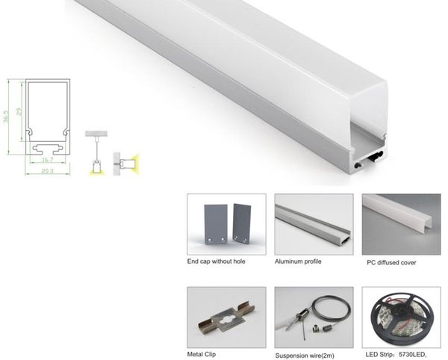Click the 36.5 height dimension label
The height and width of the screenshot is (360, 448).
click(x=7, y=117)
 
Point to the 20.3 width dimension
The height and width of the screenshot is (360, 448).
click(x=46, y=173)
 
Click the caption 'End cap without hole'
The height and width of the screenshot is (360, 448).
click(x=217, y=262)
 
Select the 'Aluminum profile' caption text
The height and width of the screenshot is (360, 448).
click(x=299, y=262)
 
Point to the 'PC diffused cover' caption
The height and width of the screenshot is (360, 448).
click(x=392, y=263)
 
